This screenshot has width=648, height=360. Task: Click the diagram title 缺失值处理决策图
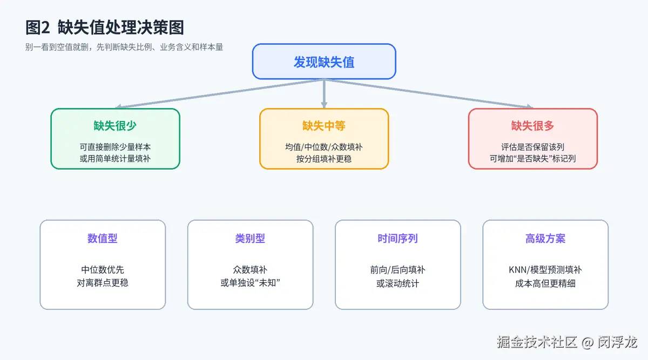(120, 28)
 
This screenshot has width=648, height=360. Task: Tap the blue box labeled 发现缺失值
(324, 62)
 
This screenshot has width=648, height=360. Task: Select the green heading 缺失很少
(115, 126)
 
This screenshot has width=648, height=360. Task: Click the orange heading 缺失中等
(324, 126)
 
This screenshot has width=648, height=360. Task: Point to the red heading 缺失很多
(532, 126)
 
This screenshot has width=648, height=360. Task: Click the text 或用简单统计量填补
(115, 159)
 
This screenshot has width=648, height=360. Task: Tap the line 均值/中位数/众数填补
(324, 147)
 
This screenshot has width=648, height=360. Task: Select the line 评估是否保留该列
(532, 147)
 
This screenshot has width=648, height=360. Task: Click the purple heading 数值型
(103, 238)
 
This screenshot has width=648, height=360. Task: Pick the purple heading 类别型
(250, 238)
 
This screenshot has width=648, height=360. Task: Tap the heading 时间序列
(398, 238)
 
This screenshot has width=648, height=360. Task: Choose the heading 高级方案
(545, 238)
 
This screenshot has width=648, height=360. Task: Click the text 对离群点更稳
(103, 283)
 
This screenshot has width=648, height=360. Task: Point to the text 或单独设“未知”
(250, 283)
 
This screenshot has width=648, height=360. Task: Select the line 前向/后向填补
(398, 270)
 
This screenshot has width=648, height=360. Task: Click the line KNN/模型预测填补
(545, 270)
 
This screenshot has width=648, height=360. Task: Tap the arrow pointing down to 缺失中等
(324, 94)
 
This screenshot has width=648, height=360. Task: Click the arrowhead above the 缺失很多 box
(530, 106)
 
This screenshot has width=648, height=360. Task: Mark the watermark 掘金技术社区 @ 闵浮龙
(567, 342)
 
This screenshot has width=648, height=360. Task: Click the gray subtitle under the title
(124, 47)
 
